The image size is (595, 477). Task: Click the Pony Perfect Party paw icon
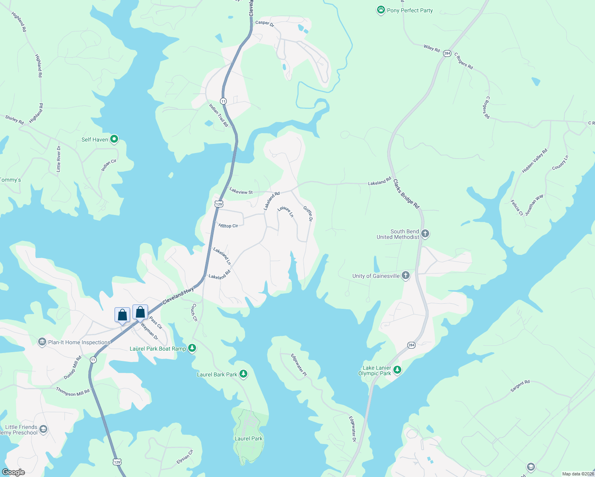point(381,10)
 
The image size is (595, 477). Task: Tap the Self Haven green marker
point(114,139)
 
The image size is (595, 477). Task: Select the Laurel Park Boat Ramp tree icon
point(192,348)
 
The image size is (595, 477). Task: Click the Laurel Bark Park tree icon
point(243,374)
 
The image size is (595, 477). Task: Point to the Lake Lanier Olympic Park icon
point(397,370)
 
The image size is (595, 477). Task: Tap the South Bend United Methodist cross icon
point(425,234)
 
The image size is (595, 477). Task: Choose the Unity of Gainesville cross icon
point(406,275)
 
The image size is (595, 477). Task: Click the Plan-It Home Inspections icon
point(42,342)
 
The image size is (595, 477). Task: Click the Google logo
point(14,472)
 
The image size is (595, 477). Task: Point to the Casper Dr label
point(264,23)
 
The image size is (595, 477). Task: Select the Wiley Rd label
point(432,48)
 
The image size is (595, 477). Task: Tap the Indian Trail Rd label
point(219,115)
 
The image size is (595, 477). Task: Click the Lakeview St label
point(241,191)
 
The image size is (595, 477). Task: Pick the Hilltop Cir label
point(228,226)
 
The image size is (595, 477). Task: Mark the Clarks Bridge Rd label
point(406,194)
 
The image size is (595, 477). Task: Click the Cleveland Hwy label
point(178,297)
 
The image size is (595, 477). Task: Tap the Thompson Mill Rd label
point(73,392)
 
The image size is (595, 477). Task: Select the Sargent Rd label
point(520,386)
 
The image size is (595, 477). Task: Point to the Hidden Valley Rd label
point(535,161)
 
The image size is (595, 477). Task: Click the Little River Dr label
point(59,159)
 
